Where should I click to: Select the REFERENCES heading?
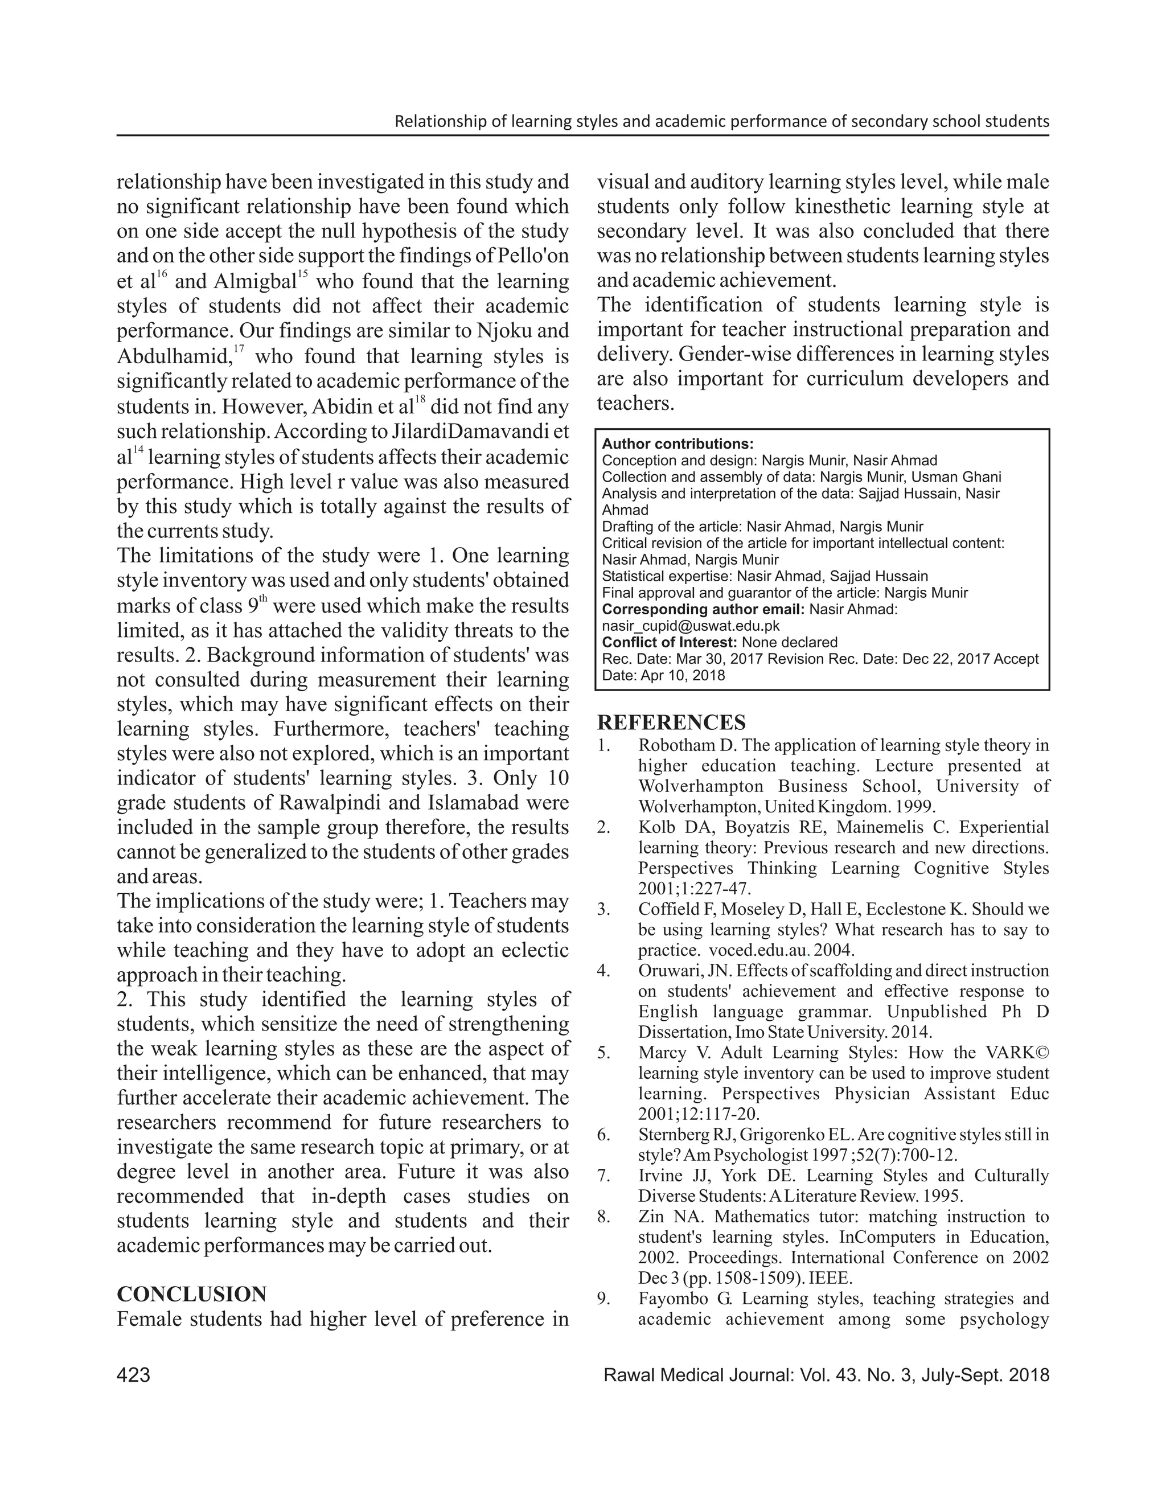[x=671, y=722]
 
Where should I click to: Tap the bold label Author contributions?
[x=678, y=444]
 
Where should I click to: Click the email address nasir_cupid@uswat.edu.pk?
[x=691, y=626]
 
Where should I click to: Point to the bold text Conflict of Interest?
[x=669, y=642]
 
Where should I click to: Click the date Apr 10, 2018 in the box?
[x=683, y=675]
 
